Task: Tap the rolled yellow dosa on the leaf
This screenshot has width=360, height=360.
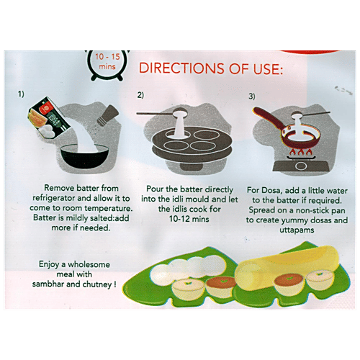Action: (x=288, y=270)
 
